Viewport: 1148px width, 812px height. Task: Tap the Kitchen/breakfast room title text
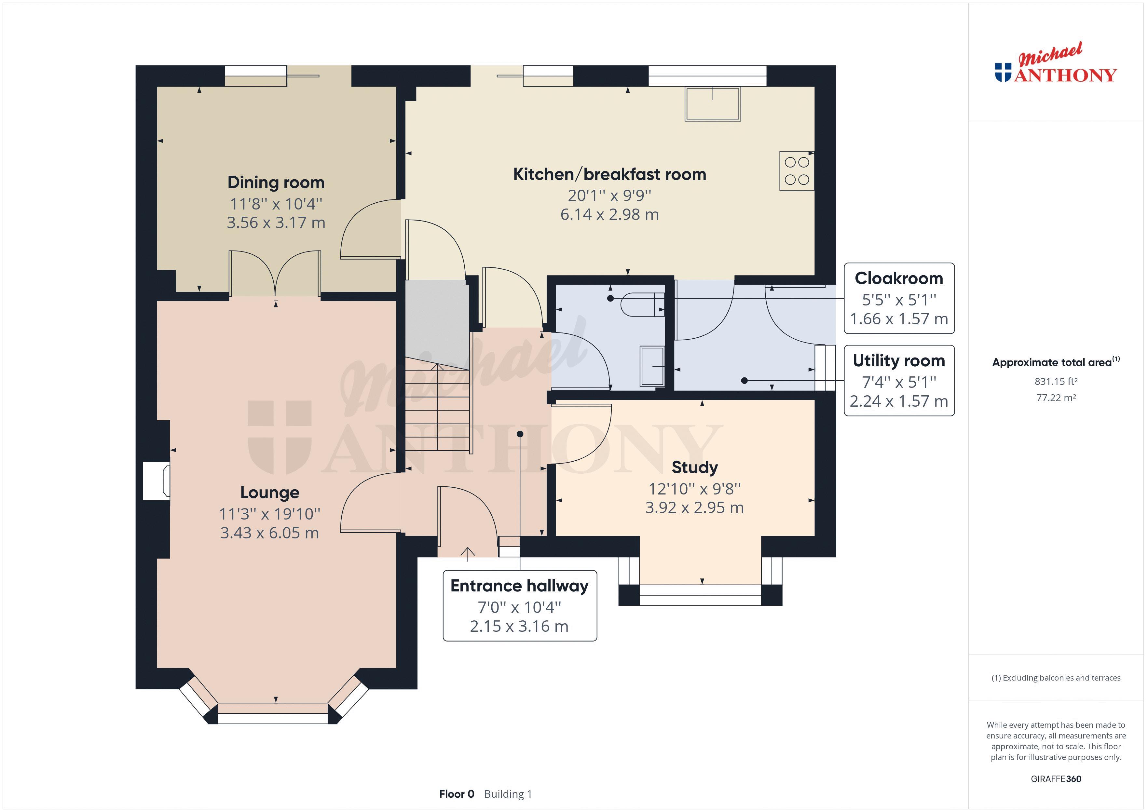[x=609, y=174]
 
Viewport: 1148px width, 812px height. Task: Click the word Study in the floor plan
[x=694, y=467]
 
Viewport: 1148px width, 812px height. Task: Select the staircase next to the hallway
[x=438, y=408]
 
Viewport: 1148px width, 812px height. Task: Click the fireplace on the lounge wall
[x=157, y=481]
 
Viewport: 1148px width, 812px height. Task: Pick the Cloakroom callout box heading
[x=898, y=278]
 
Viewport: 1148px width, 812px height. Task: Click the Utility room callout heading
[x=898, y=360]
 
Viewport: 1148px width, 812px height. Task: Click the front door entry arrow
[x=468, y=552]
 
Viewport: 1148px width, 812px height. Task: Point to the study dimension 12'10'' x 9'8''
[x=694, y=489]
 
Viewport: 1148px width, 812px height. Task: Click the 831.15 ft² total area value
[x=1056, y=382]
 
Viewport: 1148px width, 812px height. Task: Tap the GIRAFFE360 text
[x=1056, y=778]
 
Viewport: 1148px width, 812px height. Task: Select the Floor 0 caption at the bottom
[x=456, y=794]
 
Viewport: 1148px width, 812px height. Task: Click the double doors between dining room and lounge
[x=275, y=274]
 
